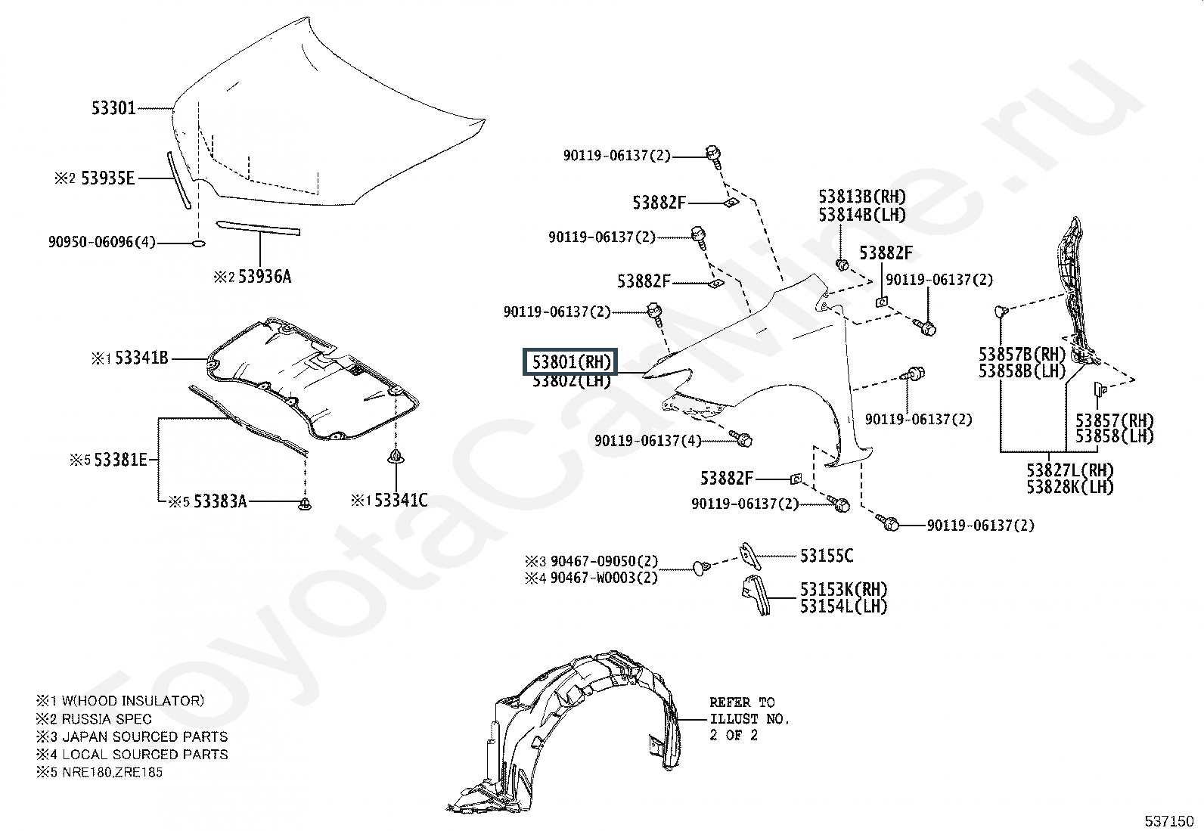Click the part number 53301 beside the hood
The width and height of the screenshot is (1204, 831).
(x=113, y=108)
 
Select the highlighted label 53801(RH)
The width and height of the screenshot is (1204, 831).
(x=571, y=361)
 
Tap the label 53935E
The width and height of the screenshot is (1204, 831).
(x=107, y=178)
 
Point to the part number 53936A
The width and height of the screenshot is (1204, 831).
(x=265, y=277)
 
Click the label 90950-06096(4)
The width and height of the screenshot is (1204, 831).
(x=101, y=242)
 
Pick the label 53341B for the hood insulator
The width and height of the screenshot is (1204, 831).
(x=142, y=358)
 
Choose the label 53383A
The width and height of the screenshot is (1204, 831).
(x=220, y=501)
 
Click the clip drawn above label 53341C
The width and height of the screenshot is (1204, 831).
(x=396, y=456)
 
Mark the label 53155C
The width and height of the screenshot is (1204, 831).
(x=827, y=555)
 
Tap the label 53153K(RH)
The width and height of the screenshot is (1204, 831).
(x=843, y=589)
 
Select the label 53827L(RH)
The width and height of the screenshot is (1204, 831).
(x=1070, y=470)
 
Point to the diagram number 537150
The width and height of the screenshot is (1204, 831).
(x=1168, y=821)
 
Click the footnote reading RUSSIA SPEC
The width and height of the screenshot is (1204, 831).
(x=107, y=718)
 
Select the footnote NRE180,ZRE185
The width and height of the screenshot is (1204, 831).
(x=113, y=772)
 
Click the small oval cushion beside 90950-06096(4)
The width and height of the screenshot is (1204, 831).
(x=198, y=243)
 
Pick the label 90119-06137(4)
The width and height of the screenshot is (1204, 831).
(x=647, y=441)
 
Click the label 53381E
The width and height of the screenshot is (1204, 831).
(x=120, y=460)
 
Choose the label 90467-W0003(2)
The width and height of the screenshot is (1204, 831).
(x=604, y=578)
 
